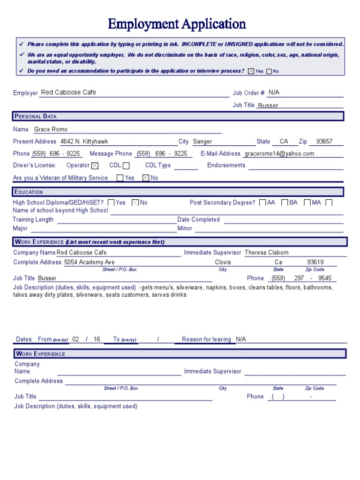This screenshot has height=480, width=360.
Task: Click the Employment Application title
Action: (177, 23)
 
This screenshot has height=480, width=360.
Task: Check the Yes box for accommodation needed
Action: (251, 71)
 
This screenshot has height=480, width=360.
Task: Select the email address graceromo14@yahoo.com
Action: (279, 154)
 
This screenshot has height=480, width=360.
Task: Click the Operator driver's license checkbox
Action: (95, 165)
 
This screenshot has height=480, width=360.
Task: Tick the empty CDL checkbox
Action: (126, 165)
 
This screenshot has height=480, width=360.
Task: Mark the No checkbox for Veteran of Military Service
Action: (145, 178)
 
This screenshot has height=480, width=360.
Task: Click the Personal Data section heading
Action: (36, 116)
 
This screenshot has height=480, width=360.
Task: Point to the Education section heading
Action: (29, 192)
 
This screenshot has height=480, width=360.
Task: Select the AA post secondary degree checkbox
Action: (262, 202)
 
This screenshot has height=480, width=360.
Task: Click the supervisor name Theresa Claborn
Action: (267, 253)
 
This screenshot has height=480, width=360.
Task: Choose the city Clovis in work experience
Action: (223, 262)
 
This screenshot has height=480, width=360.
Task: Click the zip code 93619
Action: (315, 262)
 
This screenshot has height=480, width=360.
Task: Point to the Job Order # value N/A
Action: (274, 93)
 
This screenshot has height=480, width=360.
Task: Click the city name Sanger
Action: (202, 142)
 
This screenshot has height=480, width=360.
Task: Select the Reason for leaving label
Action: (206, 339)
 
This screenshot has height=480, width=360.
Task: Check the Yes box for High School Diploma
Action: (111, 202)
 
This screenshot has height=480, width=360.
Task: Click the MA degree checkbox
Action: (307, 202)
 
